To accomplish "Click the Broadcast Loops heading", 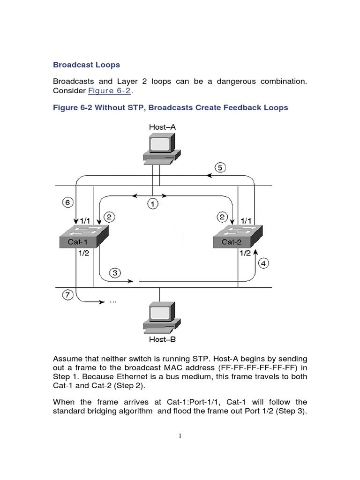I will pos(87,64).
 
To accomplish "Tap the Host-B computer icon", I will pos(161,317).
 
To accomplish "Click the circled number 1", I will pos(153,204).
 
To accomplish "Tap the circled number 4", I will pos(264,263).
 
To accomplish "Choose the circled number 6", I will pos(68,203).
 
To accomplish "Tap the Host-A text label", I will pos(162,127).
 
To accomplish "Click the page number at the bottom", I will pos(180,436).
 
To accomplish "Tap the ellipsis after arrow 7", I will pos(112,302).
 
